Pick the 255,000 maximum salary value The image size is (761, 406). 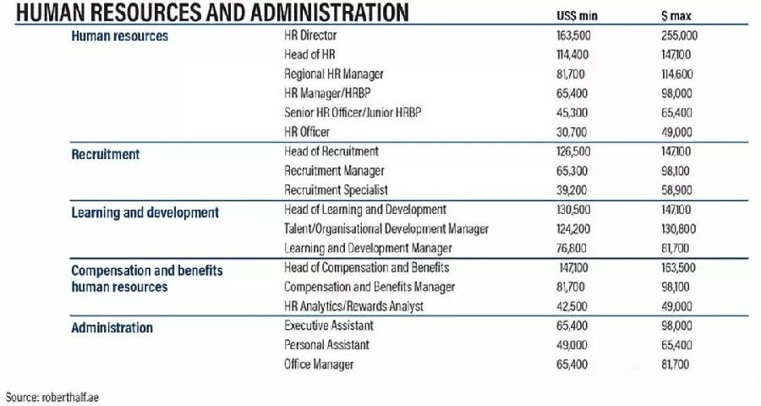[x=679, y=36]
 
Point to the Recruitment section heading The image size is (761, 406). [x=106, y=155]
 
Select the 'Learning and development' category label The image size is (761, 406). [x=145, y=212]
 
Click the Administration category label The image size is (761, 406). [x=112, y=327]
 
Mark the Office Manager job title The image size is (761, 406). [x=319, y=365]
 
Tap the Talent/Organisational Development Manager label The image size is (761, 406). [x=386, y=228]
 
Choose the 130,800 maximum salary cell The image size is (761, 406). [x=678, y=228]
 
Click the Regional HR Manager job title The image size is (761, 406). [x=334, y=74]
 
